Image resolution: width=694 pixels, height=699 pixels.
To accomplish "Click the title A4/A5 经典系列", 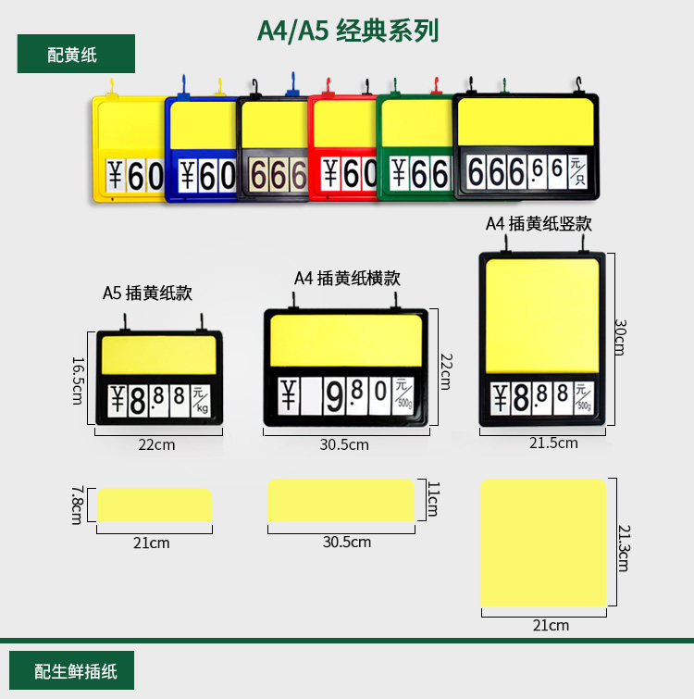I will point(347,31).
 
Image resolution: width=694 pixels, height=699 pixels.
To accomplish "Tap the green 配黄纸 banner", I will point(76,54).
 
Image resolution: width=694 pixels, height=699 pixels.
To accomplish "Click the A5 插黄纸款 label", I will point(147,293).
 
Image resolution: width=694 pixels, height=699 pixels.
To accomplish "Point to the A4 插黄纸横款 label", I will point(348,277).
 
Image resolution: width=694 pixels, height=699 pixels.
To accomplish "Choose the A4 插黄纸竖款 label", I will point(539,223).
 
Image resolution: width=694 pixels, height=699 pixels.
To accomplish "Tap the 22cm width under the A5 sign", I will point(156,444).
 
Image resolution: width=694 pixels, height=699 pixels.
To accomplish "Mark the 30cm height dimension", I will point(621,338).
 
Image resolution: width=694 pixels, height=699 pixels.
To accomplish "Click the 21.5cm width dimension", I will point(553,443).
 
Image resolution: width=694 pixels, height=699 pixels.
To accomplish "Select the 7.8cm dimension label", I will point(77,505).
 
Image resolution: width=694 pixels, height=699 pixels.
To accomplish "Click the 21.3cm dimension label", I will point(623,546).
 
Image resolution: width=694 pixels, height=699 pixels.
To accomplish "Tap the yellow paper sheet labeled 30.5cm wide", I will point(341,501).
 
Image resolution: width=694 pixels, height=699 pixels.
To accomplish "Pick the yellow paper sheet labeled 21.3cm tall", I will point(543,543).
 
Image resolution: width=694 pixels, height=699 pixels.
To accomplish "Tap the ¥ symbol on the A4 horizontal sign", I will point(288,397).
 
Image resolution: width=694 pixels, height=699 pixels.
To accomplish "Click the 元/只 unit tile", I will point(577,172).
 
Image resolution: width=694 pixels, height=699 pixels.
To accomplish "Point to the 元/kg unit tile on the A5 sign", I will point(200,400).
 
